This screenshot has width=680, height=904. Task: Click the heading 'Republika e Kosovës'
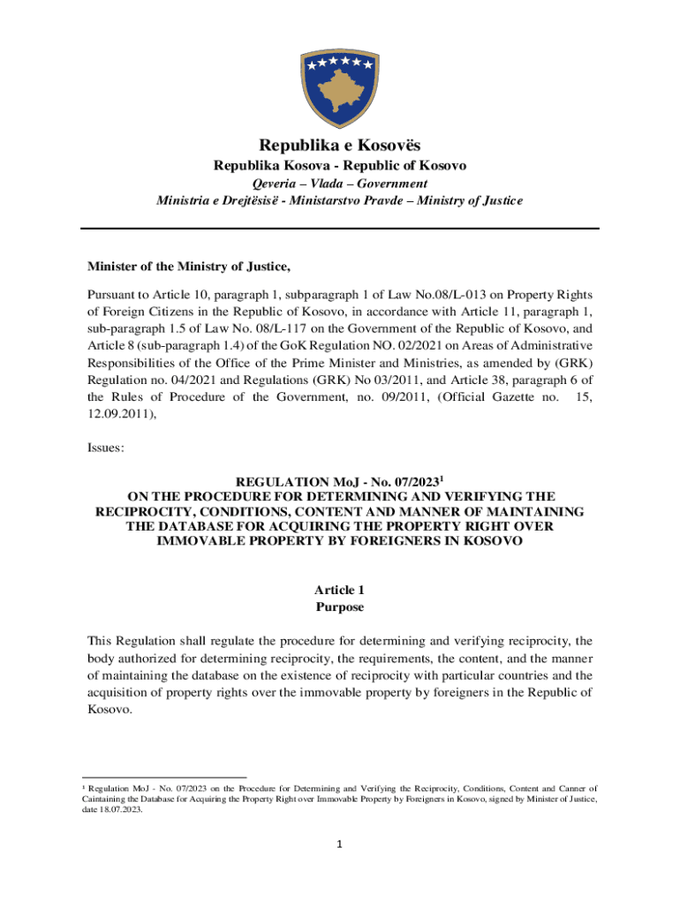coord(340,145)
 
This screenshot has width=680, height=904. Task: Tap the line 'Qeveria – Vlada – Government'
coord(340,184)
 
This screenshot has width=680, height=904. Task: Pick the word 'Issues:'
coord(106,448)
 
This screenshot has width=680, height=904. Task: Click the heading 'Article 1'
coord(340,590)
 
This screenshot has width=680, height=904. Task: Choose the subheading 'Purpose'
coord(340,607)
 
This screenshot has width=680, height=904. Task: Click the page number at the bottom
coord(340,844)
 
